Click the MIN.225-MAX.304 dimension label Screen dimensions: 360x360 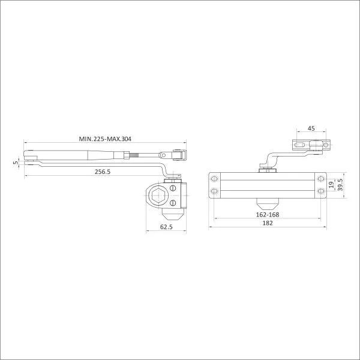(x=105, y=139)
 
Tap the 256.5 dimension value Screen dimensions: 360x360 (x=103, y=172)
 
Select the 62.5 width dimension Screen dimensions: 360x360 (x=166, y=227)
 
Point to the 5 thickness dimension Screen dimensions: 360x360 (x=16, y=163)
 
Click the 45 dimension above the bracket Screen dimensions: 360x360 (x=311, y=128)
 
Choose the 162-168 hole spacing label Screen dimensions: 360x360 (x=268, y=215)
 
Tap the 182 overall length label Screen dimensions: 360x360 (x=268, y=223)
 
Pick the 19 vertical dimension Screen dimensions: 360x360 (x=331, y=185)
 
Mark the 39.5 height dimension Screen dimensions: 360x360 (x=340, y=185)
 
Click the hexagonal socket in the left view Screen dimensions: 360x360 (x=158, y=196)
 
